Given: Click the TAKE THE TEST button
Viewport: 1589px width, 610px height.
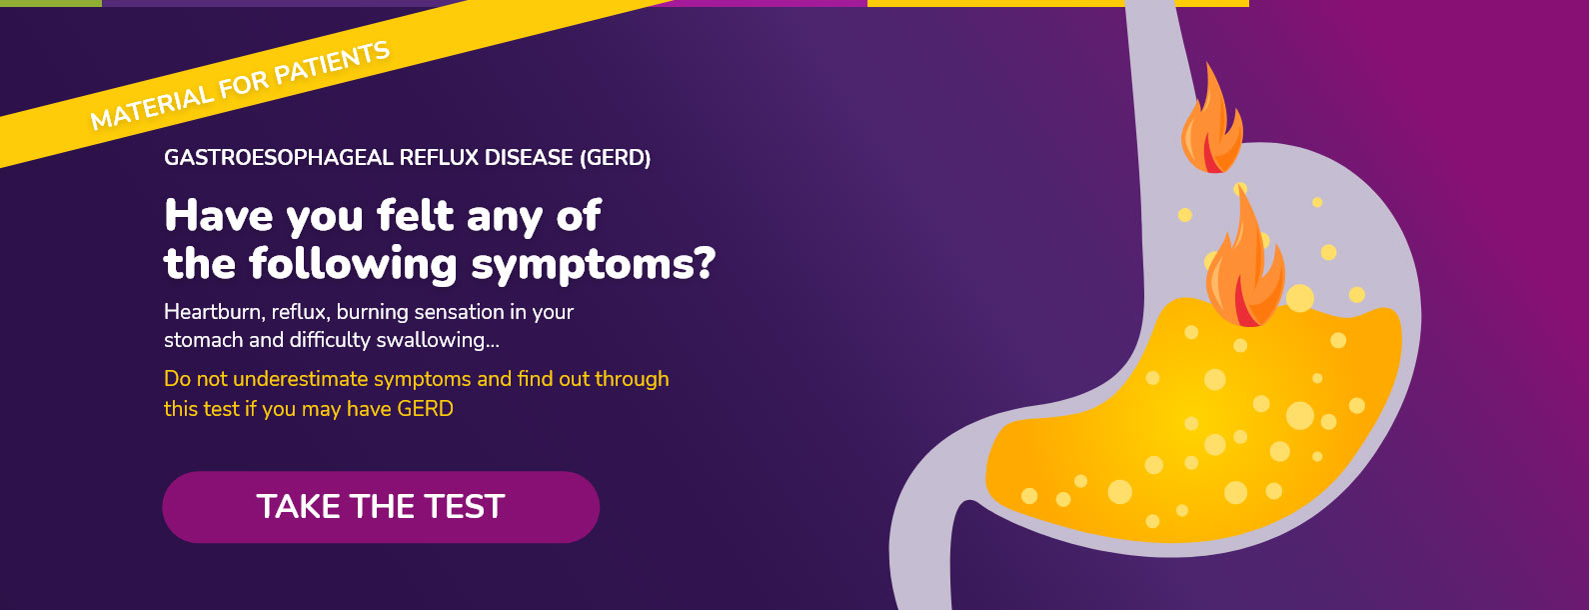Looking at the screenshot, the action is pyautogui.click(x=381, y=507).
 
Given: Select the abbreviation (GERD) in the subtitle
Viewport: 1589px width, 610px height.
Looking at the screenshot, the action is pyautogui.click(x=615, y=158).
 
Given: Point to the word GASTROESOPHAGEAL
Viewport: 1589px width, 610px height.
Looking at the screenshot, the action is pyautogui.click(x=280, y=157).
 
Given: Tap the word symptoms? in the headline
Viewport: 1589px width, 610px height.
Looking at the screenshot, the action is pyautogui.click(x=593, y=265).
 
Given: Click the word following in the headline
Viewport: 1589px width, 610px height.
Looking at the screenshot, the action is pyautogui.click(x=353, y=264).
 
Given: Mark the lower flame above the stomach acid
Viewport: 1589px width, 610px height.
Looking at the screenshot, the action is pyautogui.click(x=1245, y=263).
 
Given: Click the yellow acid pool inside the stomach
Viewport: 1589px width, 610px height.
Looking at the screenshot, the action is pyautogui.click(x=1199, y=426).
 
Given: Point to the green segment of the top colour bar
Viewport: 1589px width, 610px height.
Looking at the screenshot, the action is pyautogui.click(x=51, y=3).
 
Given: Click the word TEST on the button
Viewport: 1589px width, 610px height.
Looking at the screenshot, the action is pyautogui.click(x=465, y=507).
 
